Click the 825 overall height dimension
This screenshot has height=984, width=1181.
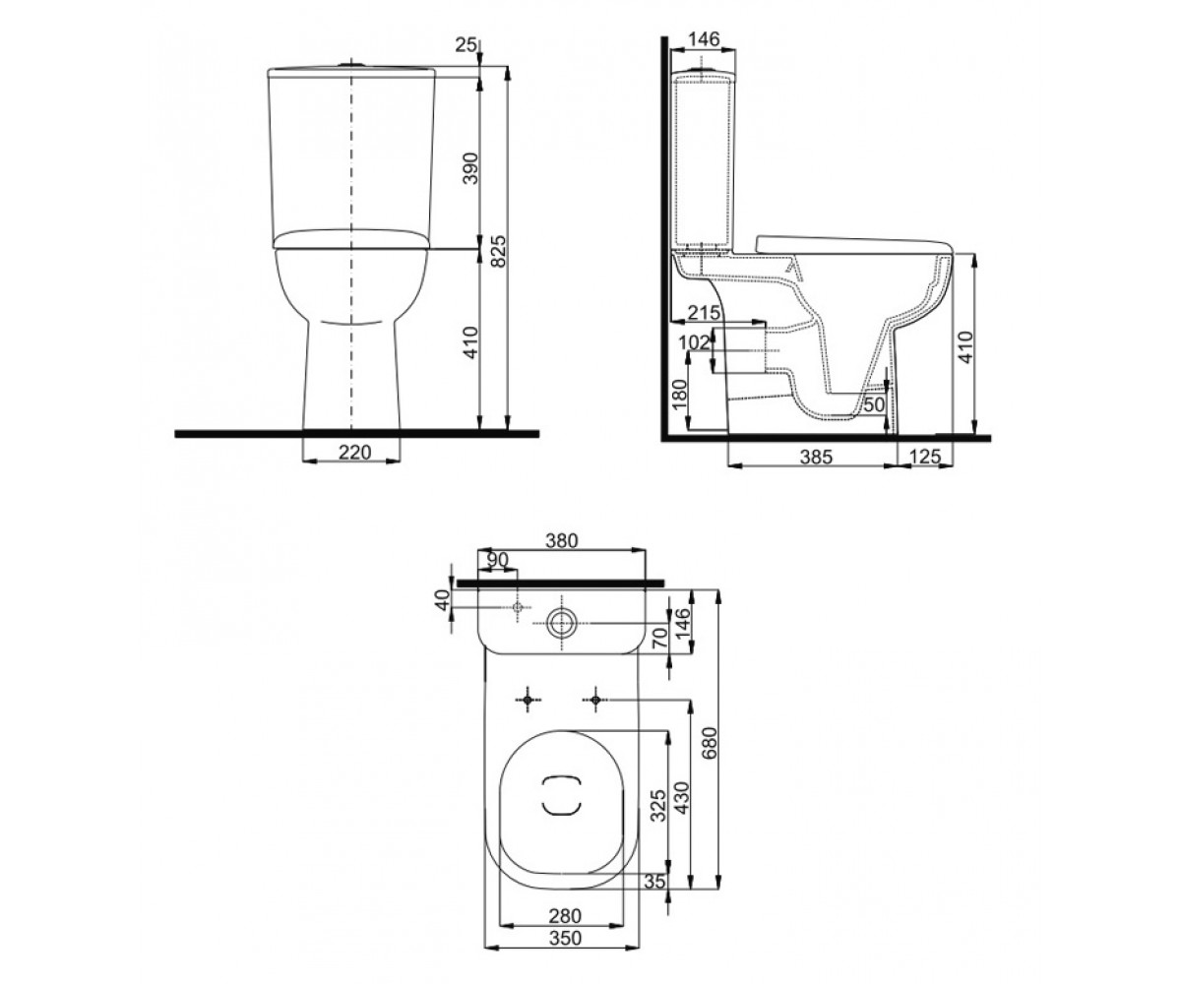(498, 252)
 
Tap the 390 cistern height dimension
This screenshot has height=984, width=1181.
(470, 168)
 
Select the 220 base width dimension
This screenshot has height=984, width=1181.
(354, 452)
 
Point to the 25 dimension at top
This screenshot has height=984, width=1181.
(466, 44)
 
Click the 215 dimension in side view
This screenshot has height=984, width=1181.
(704, 312)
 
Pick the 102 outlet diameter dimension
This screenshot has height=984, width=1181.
(694, 342)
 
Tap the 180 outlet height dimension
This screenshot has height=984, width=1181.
(679, 395)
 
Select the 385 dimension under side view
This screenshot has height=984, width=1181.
(816, 457)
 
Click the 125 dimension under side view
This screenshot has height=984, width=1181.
(925, 456)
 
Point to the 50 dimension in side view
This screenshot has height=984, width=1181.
(874, 404)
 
